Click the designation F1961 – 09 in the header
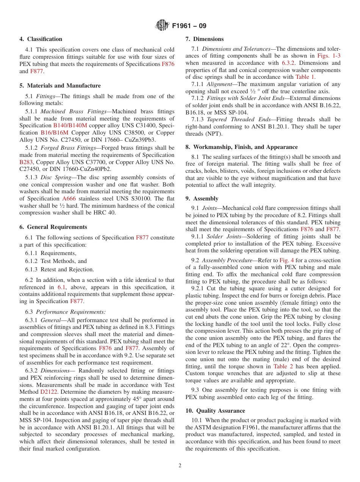pos(189,26)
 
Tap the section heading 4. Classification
pos(41,39)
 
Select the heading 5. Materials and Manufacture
pos(60,86)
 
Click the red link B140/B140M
pos(70,125)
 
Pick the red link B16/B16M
pos(55,133)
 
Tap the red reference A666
pos(69,199)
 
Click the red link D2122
pos(49,392)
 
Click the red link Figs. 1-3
pos(329,56)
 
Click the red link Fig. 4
pos(286,260)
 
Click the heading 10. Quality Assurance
pos(215,411)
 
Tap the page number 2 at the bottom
pos(180,466)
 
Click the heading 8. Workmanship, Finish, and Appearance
pos(241,147)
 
